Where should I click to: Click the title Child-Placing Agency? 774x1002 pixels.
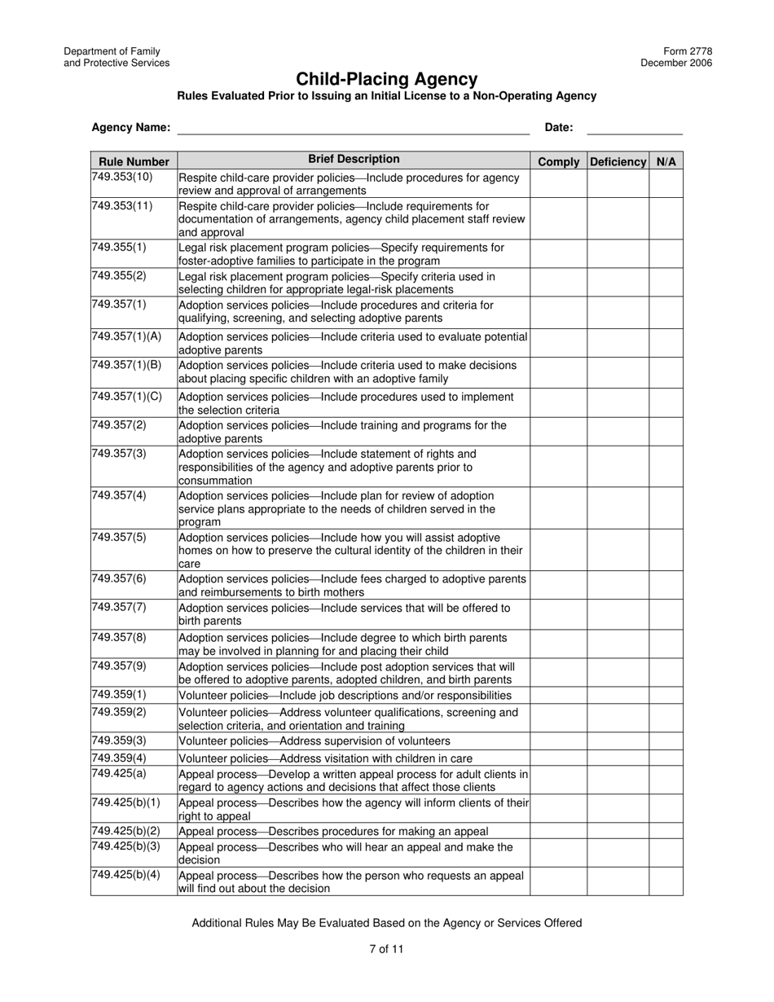click(386, 79)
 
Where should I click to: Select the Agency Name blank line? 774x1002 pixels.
click(353, 128)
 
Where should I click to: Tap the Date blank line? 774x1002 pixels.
click(634, 128)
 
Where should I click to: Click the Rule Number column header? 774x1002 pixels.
click(134, 161)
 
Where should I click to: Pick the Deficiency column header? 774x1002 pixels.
click(618, 161)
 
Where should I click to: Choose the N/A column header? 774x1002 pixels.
click(666, 161)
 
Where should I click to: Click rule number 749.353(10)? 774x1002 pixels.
click(122, 177)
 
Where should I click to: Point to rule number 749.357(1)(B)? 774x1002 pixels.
click(127, 364)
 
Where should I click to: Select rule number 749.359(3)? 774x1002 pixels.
click(119, 741)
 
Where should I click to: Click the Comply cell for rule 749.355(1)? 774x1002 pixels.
click(558, 253)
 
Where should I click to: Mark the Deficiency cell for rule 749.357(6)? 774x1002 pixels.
click(618, 586)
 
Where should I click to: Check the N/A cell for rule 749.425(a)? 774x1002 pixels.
click(666, 780)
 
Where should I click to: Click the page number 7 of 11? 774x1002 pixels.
click(386, 948)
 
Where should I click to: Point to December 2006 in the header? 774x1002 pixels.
click(675, 63)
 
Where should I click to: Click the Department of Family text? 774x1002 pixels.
click(112, 51)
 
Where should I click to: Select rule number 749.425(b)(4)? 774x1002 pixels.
click(126, 875)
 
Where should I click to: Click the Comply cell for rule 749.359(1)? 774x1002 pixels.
click(558, 695)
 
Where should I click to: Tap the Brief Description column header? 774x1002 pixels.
click(354, 160)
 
